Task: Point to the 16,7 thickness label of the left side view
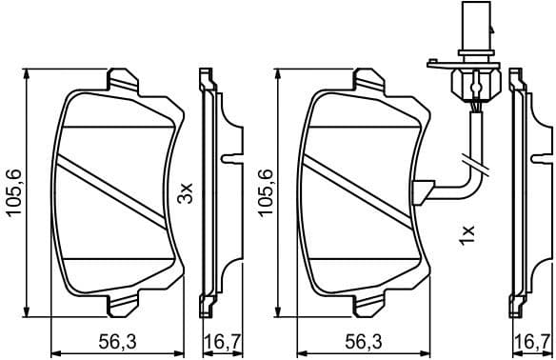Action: click(x=218, y=341)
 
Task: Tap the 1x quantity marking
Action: click(x=467, y=234)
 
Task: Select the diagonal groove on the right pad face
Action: click(x=362, y=191)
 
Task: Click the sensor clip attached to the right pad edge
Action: click(x=422, y=190)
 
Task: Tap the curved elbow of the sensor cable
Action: click(x=467, y=181)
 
